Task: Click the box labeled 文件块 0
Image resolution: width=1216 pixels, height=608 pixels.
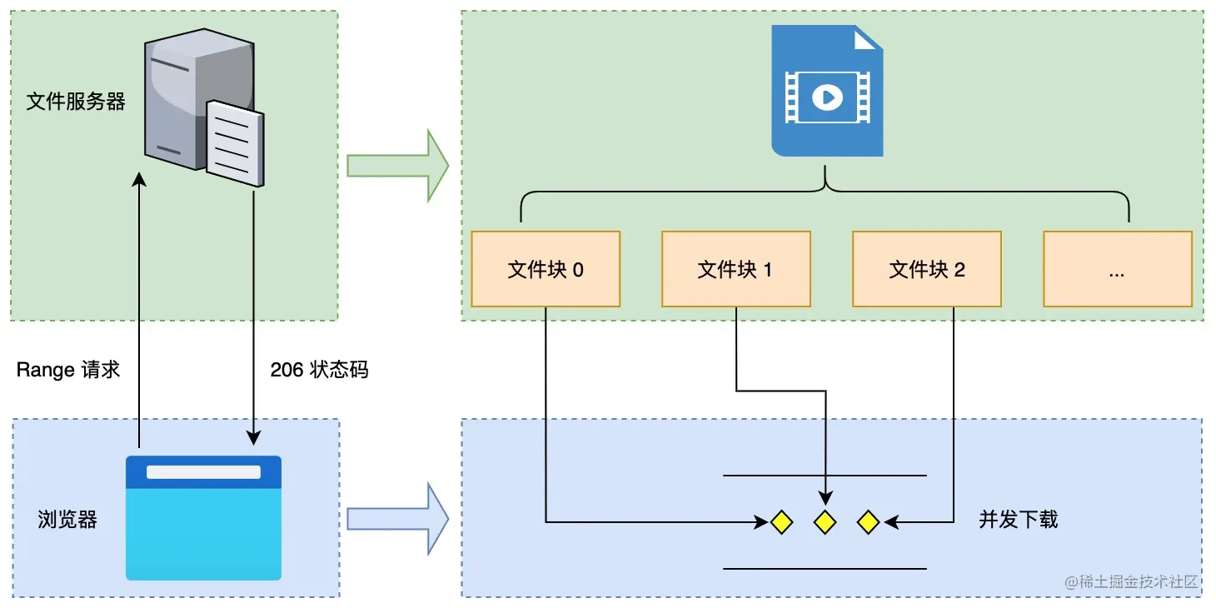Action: click(x=546, y=269)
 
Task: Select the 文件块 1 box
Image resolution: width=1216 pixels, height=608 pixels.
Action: click(x=736, y=269)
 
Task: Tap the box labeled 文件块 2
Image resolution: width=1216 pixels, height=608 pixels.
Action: click(x=927, y=269)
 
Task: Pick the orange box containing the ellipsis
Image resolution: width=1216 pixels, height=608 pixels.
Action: click(x=1118, y=269)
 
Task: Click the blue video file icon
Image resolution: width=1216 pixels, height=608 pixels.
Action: click(x=827, y=91)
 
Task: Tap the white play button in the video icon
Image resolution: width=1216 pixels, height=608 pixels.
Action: click(x=827, y=97)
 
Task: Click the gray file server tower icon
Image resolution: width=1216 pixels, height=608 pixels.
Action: click(x=199, y=101)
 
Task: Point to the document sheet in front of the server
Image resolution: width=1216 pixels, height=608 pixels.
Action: click(x=235, y=143)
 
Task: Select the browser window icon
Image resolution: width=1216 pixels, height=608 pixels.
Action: click(x=203, y=518)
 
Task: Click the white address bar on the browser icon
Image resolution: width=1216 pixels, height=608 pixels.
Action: click(x=203, y=471)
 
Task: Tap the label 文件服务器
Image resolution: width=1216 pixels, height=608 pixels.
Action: click(x=76, y=102)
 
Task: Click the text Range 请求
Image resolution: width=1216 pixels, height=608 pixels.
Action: click(x=67, y=370)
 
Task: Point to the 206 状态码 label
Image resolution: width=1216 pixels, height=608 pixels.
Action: click(x=319, y=370)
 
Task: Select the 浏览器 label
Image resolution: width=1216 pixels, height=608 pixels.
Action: click(x=67, y=520)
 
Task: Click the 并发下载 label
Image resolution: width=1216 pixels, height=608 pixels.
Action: click(x=1019, y=520)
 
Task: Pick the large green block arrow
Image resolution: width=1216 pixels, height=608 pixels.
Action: click(x=398, y=166)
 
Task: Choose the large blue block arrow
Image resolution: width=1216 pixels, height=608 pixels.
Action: click(x=398, y=519)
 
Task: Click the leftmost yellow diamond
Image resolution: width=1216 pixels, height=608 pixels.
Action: click(x=782, y=522)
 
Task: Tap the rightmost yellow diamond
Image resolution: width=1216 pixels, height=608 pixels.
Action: click(x=868, y=522)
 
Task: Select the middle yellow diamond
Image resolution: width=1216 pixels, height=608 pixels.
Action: click(x=825, y=522)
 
